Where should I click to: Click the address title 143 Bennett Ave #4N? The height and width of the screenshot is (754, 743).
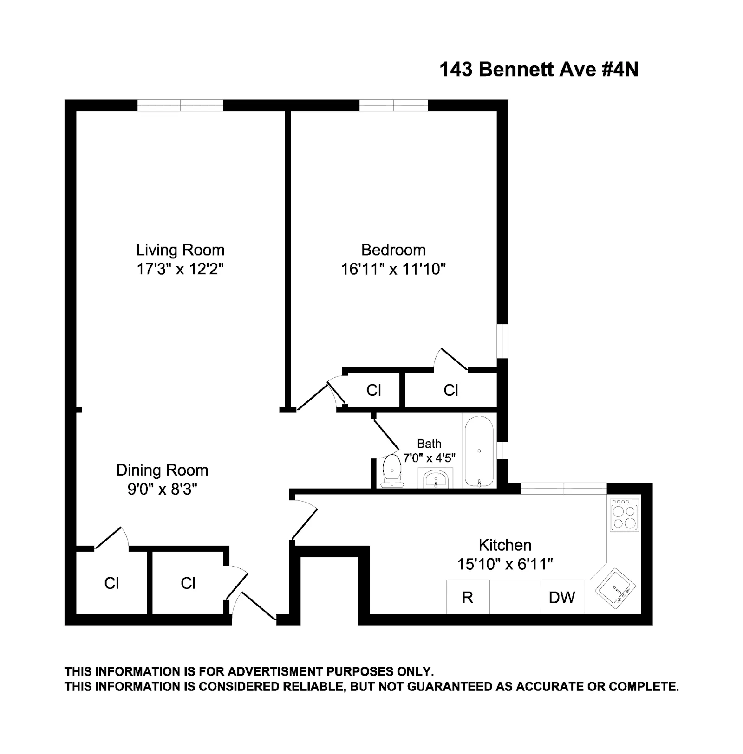click(539, 70)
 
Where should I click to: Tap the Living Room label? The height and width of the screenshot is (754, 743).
click(180, 250)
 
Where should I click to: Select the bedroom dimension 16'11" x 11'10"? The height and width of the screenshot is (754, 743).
click(393, 269)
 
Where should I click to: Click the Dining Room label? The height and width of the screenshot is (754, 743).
click(162, 470)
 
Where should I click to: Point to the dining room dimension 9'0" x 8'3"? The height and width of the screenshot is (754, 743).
click(162, 489)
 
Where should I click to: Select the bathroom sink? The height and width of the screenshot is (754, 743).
click(436, 478)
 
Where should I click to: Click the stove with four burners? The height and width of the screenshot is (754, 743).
click(624, 516)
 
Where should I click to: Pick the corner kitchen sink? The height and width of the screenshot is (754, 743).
click(615, 588)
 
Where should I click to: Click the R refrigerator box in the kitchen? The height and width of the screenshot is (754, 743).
click(468, 598)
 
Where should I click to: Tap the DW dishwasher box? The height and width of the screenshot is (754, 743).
click(562, 598)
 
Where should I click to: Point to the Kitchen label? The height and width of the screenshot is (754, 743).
click(505, 545)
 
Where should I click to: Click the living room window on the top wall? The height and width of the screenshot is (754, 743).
click(180, 105)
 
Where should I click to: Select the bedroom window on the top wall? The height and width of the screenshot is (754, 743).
click(394, 105)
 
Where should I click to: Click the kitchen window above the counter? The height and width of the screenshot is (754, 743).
click(564, 489)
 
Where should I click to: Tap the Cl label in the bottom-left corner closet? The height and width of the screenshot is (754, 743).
click(111, 583)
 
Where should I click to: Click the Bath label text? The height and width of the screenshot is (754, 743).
click(429, 444)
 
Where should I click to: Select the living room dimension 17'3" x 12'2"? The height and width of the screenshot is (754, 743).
click(180, 269)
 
